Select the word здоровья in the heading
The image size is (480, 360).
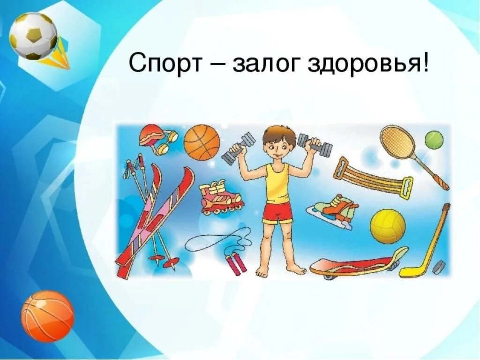click(367, 63)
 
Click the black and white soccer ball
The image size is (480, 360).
click(33, 36)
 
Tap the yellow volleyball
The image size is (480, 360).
click(388, 226)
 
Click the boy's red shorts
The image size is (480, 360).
click(277, 212)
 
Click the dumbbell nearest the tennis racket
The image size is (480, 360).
click(315, 145)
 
